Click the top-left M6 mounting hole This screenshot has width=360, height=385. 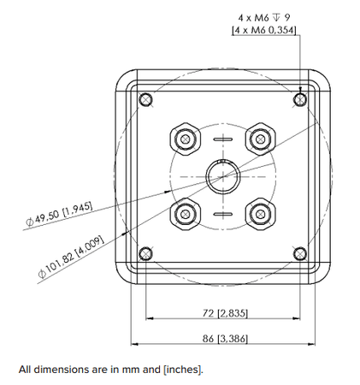tap(147, 100)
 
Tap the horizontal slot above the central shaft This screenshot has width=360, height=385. tap(222, 139)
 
